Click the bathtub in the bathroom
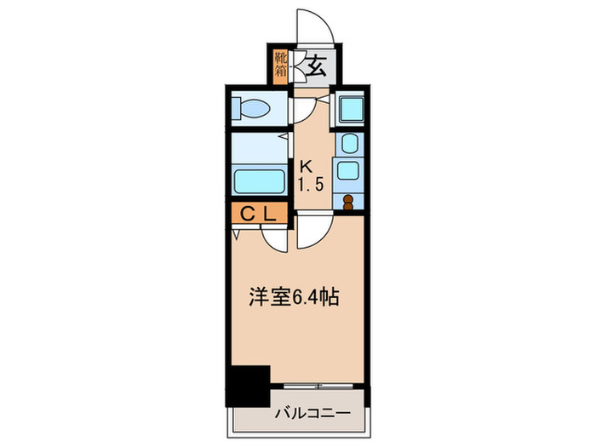click(259, 181)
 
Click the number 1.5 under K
click(310, 185)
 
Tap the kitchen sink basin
click(347, 169)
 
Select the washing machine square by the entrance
click(349, 109)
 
